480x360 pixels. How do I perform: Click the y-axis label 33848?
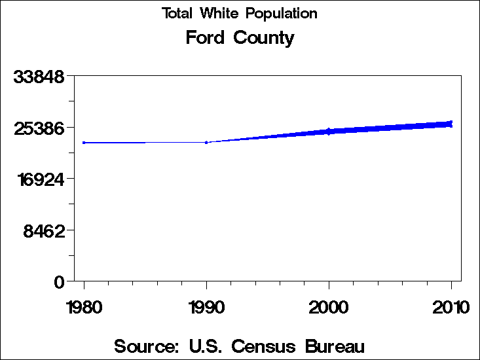tap(39, 77)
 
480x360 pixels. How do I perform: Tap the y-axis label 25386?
tap(39, 128)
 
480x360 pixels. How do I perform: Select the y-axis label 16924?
tap(39, 179)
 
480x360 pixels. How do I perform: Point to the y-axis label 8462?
tap(44, 230)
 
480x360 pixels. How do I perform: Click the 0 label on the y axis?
tap(60, 281)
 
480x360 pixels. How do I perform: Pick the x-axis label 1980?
tap(84, 307)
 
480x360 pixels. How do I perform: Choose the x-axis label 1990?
tap(206, 307)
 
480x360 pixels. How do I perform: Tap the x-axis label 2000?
tap(329, 307)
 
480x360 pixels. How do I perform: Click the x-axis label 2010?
tap(451, 307)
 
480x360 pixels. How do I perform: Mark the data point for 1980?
tap(84, 142)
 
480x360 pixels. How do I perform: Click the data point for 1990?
tap(206, 142)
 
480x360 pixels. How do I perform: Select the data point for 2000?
tap(329, 132)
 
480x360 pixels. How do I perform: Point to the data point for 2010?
tap(451, 123)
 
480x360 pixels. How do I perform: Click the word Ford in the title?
tap(204, 38)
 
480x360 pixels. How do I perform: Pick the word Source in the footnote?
tap(146, 346)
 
